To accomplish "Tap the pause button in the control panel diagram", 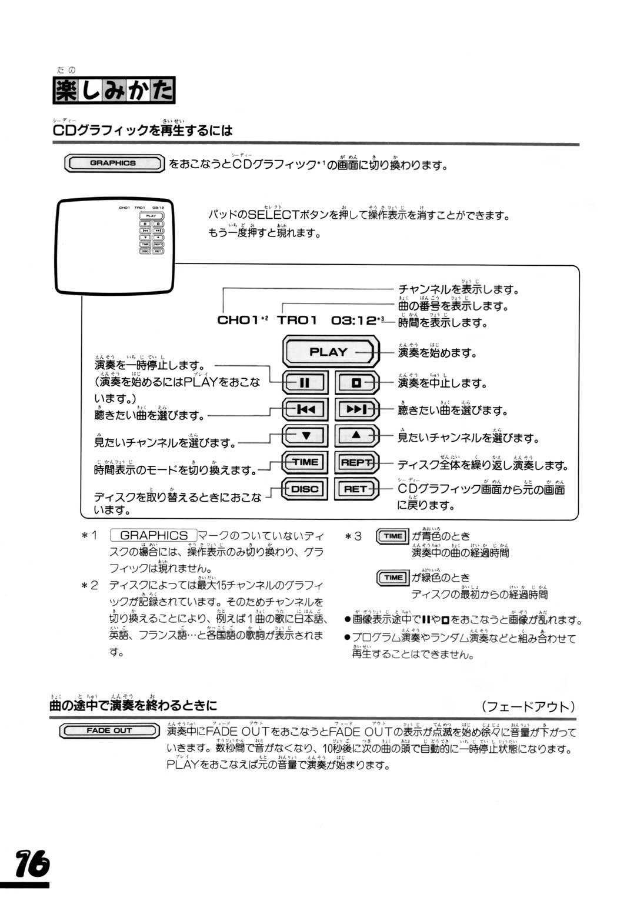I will coord(304,383).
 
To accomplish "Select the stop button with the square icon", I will coord(356,383).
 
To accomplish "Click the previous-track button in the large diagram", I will coord(304,409).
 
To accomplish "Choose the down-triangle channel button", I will coord(304,436).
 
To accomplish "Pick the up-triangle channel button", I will coord(356,436).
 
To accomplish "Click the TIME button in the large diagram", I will coord(304,462).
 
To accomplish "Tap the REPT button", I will coord(356,462).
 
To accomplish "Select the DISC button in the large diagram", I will coord(304,489).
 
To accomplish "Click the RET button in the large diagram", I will coord(356,489).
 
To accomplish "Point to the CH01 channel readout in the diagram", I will coord(238,320).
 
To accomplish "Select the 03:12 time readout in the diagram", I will coord(353,320).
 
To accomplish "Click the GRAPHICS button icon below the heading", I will coord(114,163).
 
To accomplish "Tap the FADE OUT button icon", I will coord(109,730).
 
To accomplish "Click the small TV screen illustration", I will coord(116,248).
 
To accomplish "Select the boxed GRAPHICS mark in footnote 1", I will coord(154,536).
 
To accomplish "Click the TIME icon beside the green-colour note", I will coord(392,578).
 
